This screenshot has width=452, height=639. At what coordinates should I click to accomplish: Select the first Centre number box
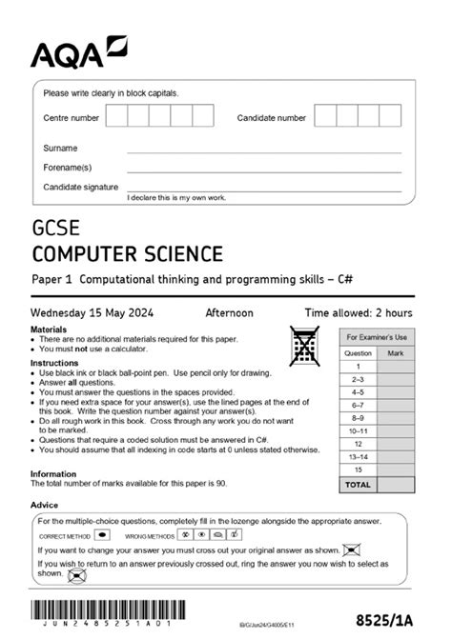click(116, 117)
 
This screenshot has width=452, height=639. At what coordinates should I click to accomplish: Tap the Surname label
click(60, 149)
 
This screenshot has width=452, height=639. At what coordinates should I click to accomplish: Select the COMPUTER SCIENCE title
click(127, 253)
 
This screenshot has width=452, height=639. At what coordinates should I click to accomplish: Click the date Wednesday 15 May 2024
click(92, 312)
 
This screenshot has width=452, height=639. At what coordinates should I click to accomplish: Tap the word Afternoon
click(229, 312)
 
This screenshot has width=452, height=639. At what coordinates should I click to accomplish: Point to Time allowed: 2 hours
click(358, 312)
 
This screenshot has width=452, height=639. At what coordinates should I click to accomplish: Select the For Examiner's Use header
click(376, 337)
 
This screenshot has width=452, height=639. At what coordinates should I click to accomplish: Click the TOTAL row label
click(358, 485)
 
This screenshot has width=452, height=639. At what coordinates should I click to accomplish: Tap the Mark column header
click(395, 351)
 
